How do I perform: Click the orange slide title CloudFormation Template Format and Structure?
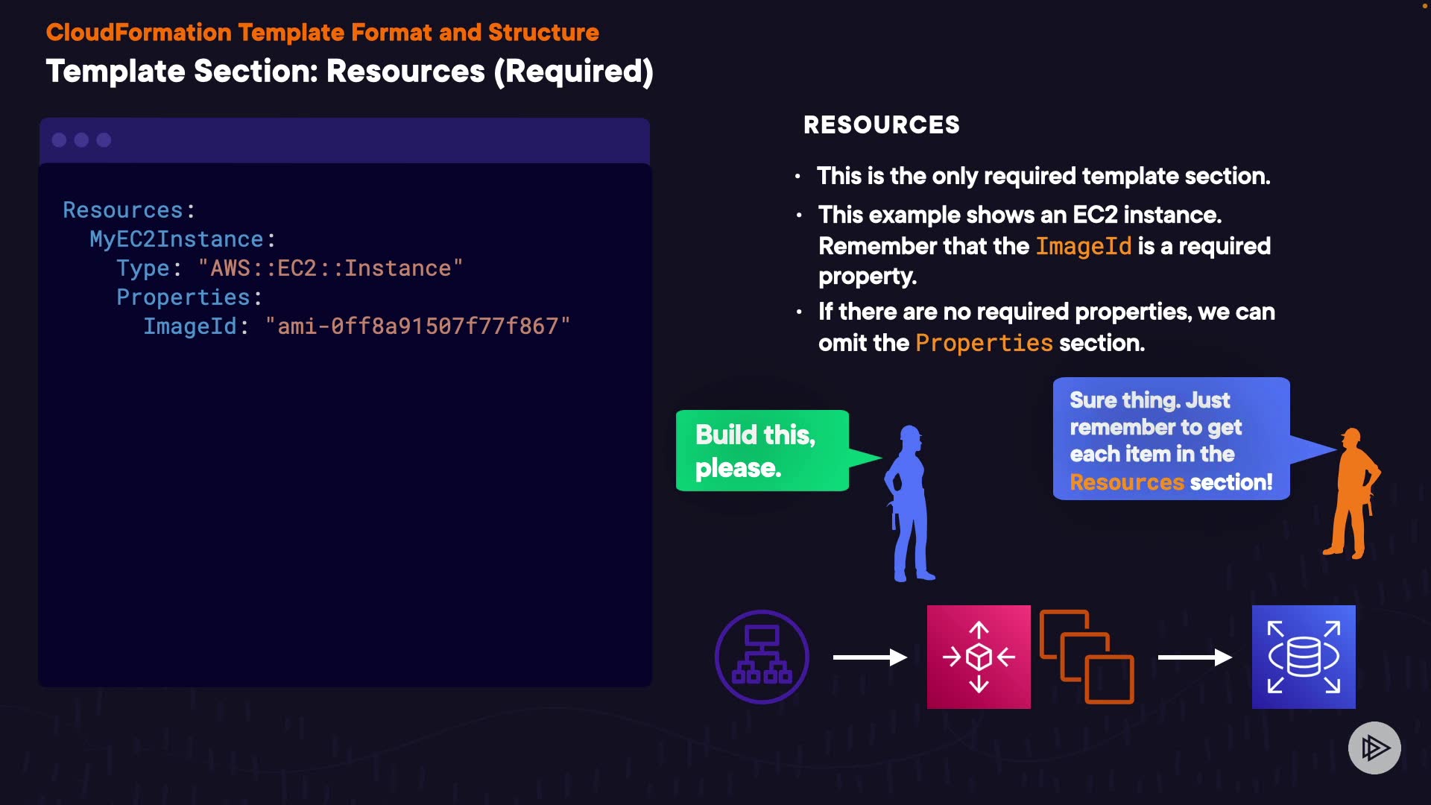(x=322, y=33)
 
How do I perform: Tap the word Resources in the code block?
(x=123, y=210)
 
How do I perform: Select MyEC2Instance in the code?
(x=177, y=239)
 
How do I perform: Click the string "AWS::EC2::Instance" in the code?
(x=330, y=268)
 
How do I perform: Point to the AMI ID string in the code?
(x=417, y=326)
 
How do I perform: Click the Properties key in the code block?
(x=183, y=297)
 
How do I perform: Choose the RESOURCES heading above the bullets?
(x=881, y=124)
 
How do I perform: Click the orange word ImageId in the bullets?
(x=1084, y=246)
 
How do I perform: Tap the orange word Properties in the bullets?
(x=984, y=343)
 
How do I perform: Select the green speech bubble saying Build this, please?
(x=762, y=450)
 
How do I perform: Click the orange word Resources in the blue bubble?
(x=1126, y=482)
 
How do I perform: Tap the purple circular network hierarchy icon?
(x=762, y=657)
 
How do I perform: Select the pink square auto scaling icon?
(x=979, y=657)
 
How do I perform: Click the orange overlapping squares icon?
(x=1087, y=657)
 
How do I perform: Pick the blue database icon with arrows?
(x=1304, y=657)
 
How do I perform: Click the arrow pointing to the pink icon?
(x=869, y=657)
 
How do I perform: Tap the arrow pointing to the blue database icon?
(x=1194, y=657)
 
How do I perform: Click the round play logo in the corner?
(x=1374, y=748)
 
